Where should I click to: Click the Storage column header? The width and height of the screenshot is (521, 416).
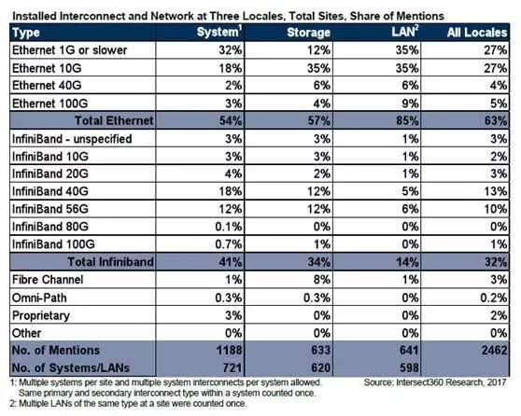point(308,33)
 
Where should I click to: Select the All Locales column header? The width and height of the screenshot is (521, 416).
point(477,33)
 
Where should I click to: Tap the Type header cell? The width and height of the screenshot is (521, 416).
point(26,33)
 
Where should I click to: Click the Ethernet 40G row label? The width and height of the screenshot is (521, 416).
point(47,85)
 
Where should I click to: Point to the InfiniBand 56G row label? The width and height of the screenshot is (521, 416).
point(50,209)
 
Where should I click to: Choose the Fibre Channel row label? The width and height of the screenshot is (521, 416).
point(48,280)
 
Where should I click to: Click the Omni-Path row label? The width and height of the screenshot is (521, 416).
point(39,298)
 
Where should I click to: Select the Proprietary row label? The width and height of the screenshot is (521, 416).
point(41,315)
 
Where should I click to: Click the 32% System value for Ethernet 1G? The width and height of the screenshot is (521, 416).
point(231,50)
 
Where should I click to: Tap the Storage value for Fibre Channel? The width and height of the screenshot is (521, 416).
point(321,280)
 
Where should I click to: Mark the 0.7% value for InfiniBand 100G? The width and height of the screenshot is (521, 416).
point(229,244)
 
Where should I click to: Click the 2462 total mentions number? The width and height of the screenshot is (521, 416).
point(495,351)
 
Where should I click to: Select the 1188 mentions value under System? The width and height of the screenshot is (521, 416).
point(230,351)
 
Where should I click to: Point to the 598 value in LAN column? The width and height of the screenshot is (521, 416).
point(409,367)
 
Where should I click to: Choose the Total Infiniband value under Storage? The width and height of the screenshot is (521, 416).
point(319,262)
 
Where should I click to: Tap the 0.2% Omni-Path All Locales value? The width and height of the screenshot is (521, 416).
point(494,298)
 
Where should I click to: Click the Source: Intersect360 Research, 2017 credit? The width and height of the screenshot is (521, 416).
point(435,382)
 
